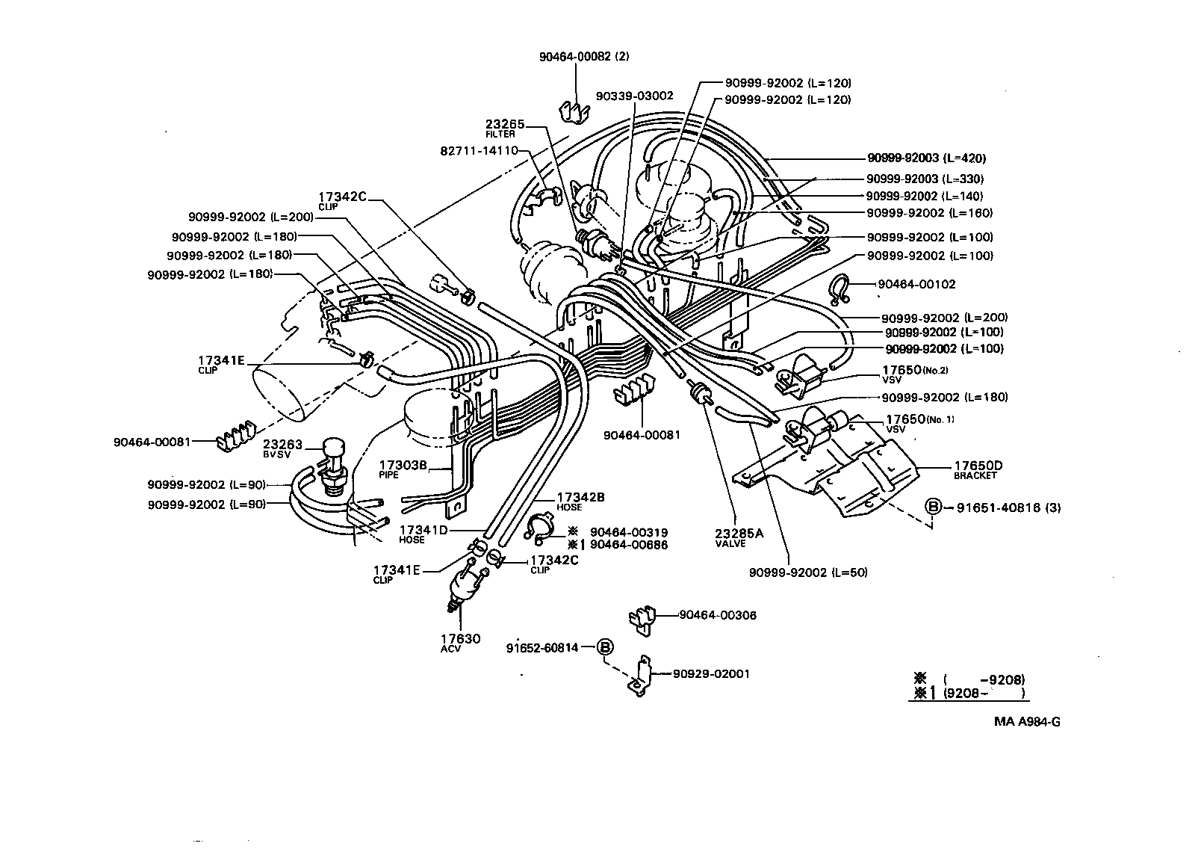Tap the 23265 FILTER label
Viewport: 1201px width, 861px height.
[506, 128]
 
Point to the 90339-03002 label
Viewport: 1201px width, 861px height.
[634, 96]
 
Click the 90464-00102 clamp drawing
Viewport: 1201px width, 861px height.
[840, 288]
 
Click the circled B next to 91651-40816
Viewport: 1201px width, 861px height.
[933, 507]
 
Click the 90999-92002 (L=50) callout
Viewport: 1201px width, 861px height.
[808, 573]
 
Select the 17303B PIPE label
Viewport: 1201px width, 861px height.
[402, 469]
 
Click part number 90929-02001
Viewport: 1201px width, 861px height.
[711, 673]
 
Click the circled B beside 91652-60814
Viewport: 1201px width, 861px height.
[604, 647]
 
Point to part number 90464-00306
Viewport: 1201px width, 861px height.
[717, 615]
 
